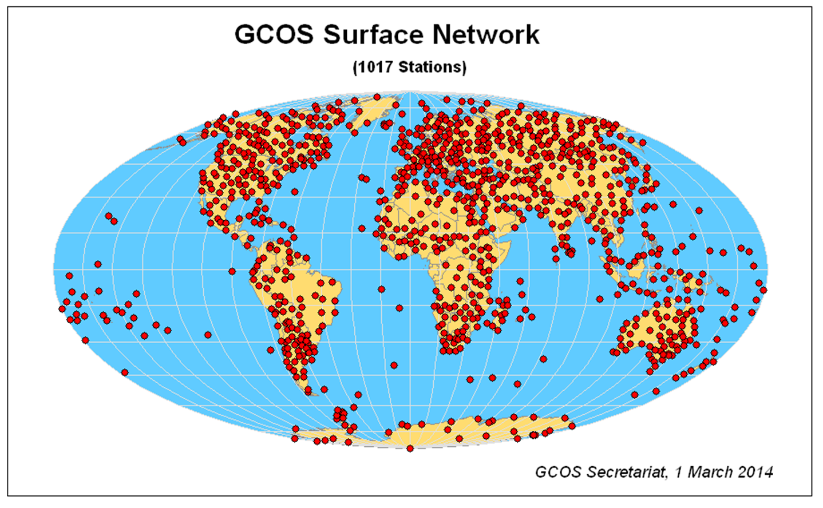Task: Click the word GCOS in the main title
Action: [274, 34]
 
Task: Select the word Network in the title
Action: [485, 34]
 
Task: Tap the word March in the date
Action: [709, 472]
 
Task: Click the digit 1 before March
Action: [679, 472]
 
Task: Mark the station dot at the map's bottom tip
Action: [410, 448]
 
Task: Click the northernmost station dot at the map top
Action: [377, 97]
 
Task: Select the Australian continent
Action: [658, 332]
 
